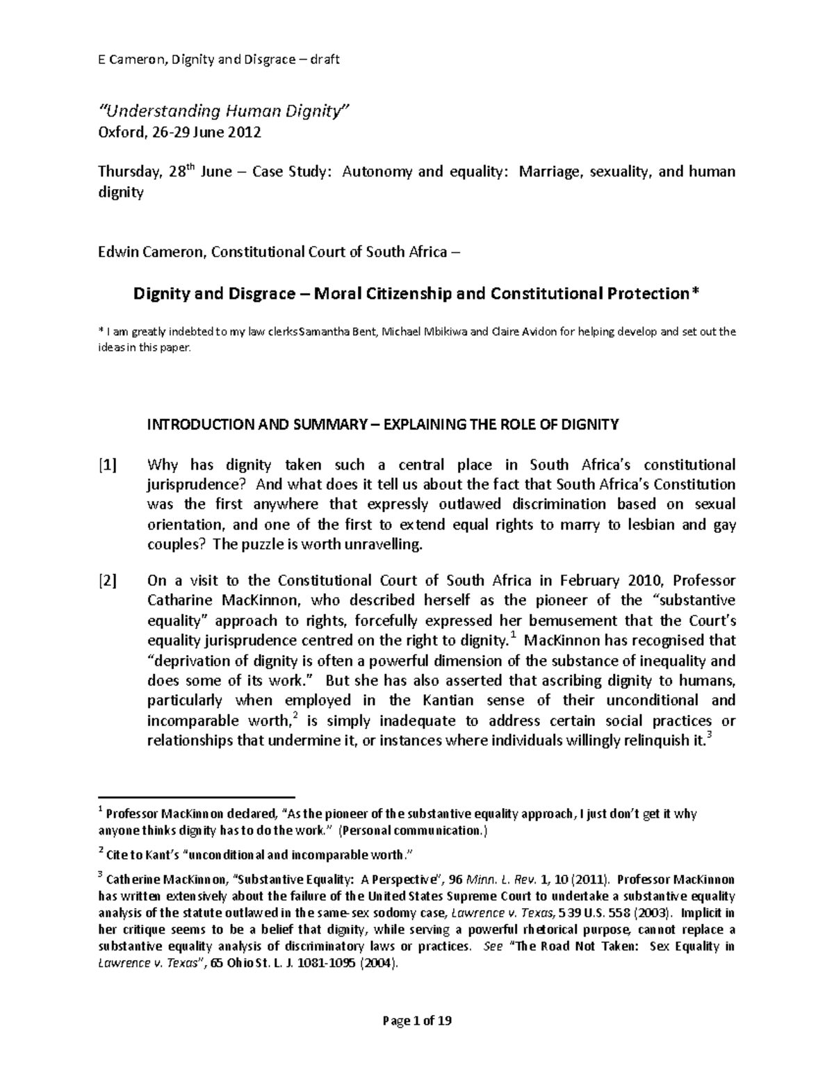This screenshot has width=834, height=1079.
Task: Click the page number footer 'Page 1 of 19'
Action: [417, 1021]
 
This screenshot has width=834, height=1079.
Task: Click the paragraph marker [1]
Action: [107, 465]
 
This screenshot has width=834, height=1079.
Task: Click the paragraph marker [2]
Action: [107, 580]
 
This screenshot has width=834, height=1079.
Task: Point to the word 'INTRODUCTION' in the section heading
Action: [192, 425]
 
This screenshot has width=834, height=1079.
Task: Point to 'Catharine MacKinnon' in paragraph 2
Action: [220, 600]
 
